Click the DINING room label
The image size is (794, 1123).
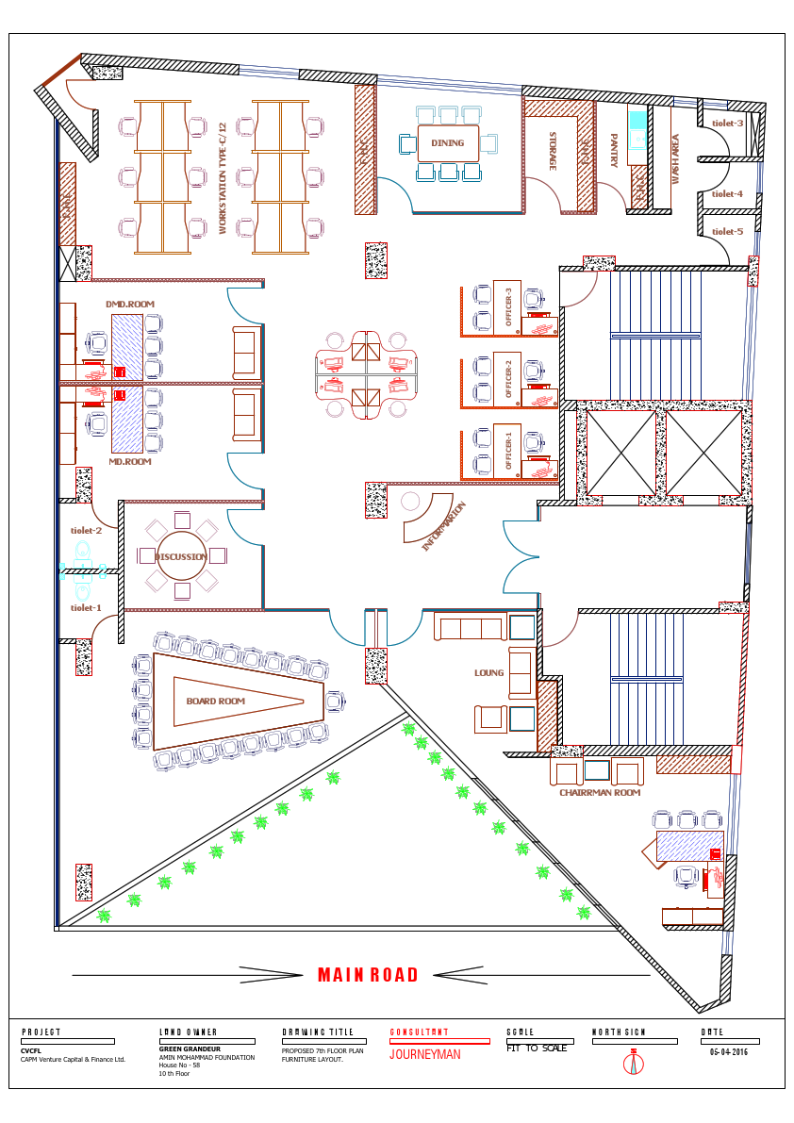[x=448, y=143]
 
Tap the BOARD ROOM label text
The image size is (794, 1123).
[x=216, y=702]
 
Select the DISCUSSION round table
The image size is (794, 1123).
[x=182, y=557]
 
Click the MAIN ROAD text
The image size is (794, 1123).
[x=368, y=976]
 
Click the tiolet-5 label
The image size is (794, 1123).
[x=727, y=231]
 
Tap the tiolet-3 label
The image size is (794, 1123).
[x=727, y=124]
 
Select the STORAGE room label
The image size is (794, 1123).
[x=553, y=151]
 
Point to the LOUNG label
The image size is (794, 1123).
[x=488, y=673]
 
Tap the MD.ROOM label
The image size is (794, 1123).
[x=130, y=462]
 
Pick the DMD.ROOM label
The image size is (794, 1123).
[x=130, y=304]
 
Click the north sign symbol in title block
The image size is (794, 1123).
[x=635, y=1063]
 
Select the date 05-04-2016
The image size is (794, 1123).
[x=729, y=1052]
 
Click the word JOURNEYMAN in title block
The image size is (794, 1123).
[x=425, y=1055]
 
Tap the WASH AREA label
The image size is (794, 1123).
[x=675, y=158]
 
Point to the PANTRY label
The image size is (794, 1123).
[x=613, y=151]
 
